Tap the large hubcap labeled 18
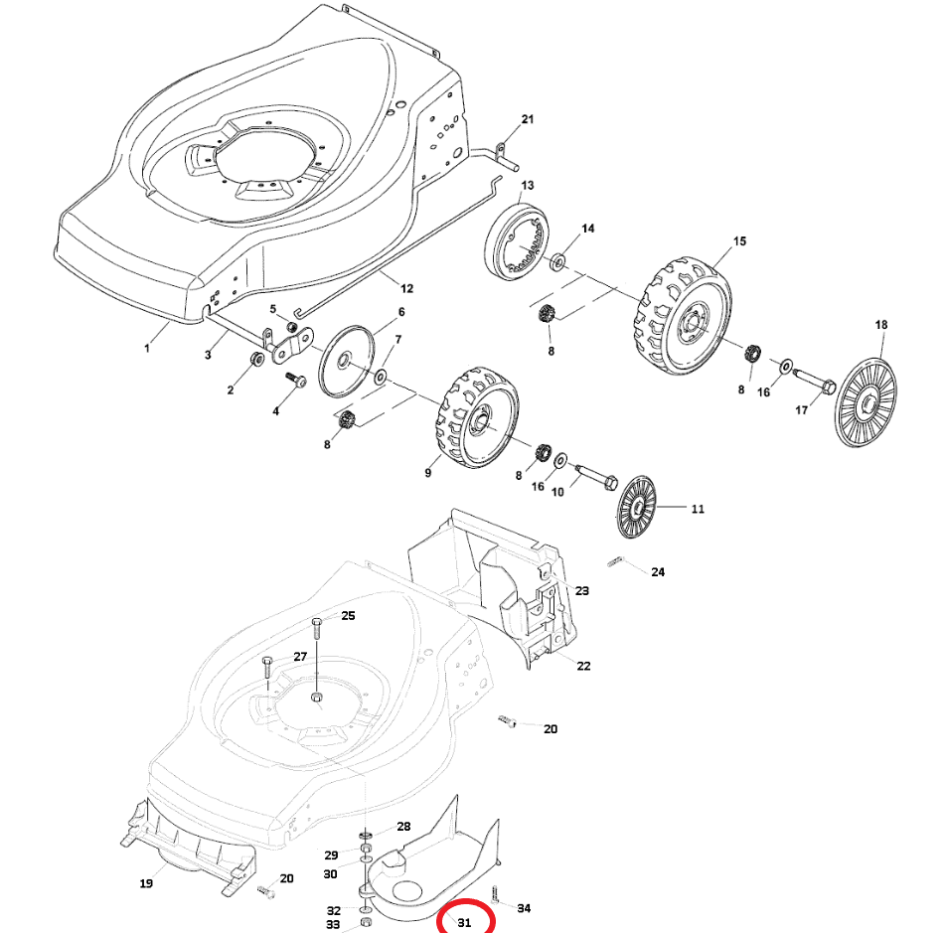(862, 402)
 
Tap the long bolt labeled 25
(316, 656)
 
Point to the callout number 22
(583, 666)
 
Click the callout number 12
(406, 288)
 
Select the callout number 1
(148, 348)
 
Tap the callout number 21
(528, 120)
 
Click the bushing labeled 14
(557, 262)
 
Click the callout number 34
(525, 908)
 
